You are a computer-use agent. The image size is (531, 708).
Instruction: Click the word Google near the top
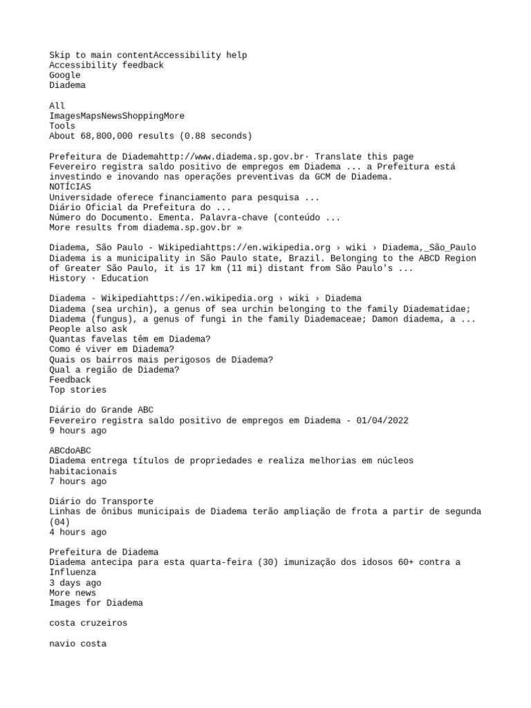pos(65,75)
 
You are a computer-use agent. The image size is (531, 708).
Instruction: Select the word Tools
pos(62,127)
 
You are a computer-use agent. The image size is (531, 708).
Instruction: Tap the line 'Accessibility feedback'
pos(106,65)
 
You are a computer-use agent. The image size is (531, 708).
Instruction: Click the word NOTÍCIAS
pos(70,187)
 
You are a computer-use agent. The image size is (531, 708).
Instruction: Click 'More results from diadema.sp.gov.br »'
pos(146,227)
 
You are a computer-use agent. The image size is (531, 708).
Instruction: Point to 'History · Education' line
pos(98,278)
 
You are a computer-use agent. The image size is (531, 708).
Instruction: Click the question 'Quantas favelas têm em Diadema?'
pos(130,339)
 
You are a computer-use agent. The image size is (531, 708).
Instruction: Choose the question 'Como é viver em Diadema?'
pos(111,349)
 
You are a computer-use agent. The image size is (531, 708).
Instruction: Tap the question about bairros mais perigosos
pos(160,360)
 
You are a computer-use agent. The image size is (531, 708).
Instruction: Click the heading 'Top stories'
pos(77,390)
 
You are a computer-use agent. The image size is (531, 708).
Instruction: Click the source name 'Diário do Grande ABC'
pos(101,410)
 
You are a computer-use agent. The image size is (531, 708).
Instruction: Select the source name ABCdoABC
pos(70,450)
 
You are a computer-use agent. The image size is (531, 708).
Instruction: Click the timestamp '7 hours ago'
pos(77,481)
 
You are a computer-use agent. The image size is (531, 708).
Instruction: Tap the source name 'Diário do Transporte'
pos(101,501)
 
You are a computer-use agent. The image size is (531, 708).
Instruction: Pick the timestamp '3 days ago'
pos(75,583)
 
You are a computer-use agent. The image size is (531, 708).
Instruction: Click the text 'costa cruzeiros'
pos(88,623)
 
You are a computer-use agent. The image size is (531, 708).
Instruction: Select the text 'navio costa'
pos(77,644)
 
